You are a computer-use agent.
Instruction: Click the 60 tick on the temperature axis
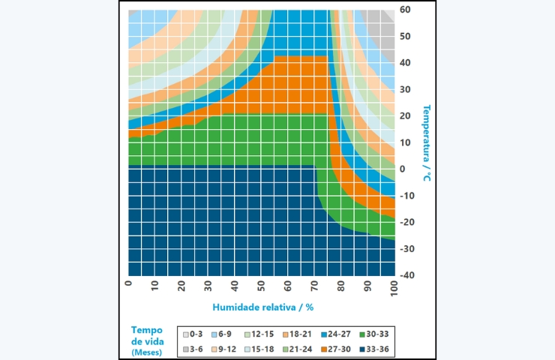tap(405, 10)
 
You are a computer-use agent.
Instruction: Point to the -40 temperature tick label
tap(407, 275)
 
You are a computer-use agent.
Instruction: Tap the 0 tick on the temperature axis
tap(402, 169)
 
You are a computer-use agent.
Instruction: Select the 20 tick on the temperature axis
tap(405, 116)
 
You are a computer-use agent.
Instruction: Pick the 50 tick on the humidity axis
tap(262, 286)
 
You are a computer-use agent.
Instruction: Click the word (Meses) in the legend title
tap(146, 352)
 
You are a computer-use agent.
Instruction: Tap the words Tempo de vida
tap(147, 335)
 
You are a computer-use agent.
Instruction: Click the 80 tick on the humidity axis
tap(342, 286)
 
